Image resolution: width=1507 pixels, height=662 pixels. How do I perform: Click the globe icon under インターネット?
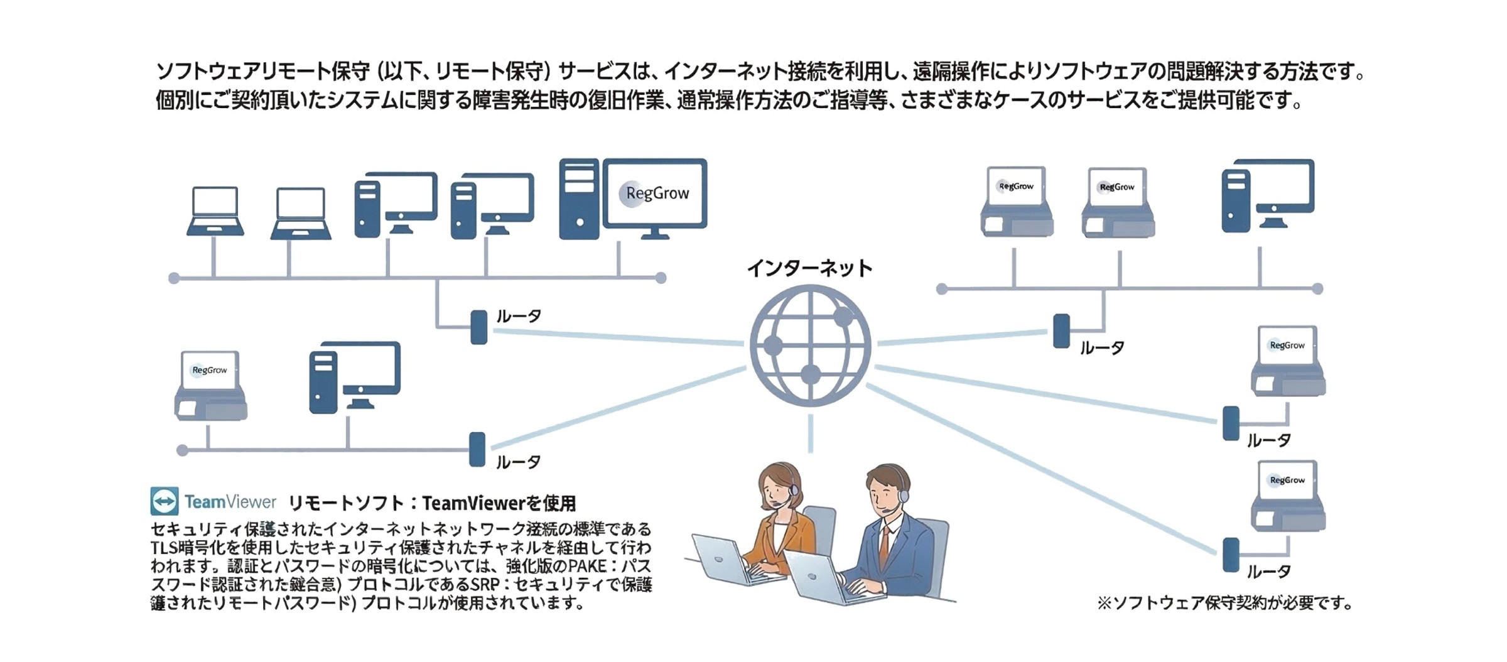click(x=810, y=345)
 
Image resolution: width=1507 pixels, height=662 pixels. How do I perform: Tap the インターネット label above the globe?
click(x=809, y=268)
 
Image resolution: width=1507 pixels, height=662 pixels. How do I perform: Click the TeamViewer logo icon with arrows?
click(x=165, y=501)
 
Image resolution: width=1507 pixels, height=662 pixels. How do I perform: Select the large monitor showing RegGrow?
click(x=655, y=194)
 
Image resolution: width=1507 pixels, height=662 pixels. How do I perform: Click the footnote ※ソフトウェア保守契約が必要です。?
click(x=1224, y=603)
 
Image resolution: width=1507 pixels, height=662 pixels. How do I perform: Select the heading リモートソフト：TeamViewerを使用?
click(x=432, y=503)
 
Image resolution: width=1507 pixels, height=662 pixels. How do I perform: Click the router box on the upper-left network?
click(x=479, y=327)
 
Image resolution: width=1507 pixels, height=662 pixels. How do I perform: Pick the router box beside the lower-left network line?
click(x=477, y=450)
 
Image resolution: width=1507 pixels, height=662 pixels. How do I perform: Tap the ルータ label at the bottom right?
click(x=1268, y=572)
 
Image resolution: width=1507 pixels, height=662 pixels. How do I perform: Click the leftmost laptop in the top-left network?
click(x=215, y=211)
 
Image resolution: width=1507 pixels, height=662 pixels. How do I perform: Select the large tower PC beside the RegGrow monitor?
click(x=578, y=199)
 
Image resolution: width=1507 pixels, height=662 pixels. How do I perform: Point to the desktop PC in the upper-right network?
click(x=1267, y=195)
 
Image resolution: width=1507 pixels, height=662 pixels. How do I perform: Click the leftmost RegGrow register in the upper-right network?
click(x=1017, y=202)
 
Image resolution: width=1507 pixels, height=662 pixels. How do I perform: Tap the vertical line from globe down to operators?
click(x=811, y=433)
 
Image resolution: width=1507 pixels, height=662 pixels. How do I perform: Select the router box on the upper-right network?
click(x=1061, y=331)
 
